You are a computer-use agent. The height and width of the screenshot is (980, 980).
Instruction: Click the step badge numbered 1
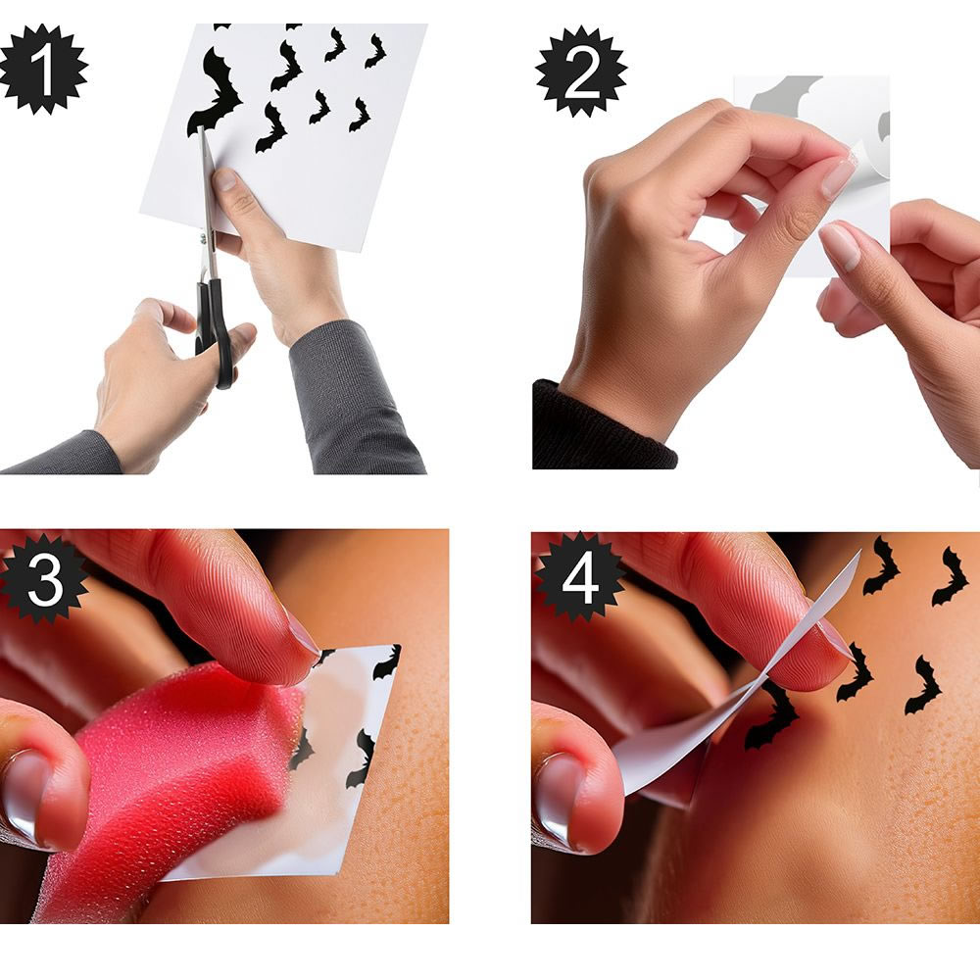(x=42, y=69)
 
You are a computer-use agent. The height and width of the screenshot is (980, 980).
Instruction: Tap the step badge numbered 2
(x=581, y=72)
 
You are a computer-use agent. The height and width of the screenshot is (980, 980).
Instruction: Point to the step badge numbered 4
(x=579, y=577)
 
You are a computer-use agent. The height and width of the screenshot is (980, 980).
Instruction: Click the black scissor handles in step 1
(x=216, y=331)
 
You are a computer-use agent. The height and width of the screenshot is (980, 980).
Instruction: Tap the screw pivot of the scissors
(x=203, y=238)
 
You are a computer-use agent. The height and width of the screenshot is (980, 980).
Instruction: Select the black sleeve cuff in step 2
(x=603, y=428)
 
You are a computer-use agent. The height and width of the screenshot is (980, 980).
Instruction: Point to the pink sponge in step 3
(x=169, y=781)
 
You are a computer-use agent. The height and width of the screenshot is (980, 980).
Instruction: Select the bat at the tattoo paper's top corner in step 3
(x=387, y=663)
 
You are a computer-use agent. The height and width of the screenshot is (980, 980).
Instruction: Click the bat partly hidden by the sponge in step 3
(x=301, y=749)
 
